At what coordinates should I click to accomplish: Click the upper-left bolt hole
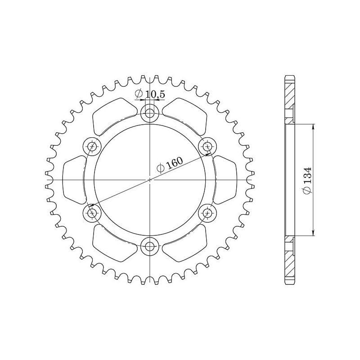tap(92, 146)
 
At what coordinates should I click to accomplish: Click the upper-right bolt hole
tap(207, 146)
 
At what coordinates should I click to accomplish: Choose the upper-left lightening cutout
tap(112, 115)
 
